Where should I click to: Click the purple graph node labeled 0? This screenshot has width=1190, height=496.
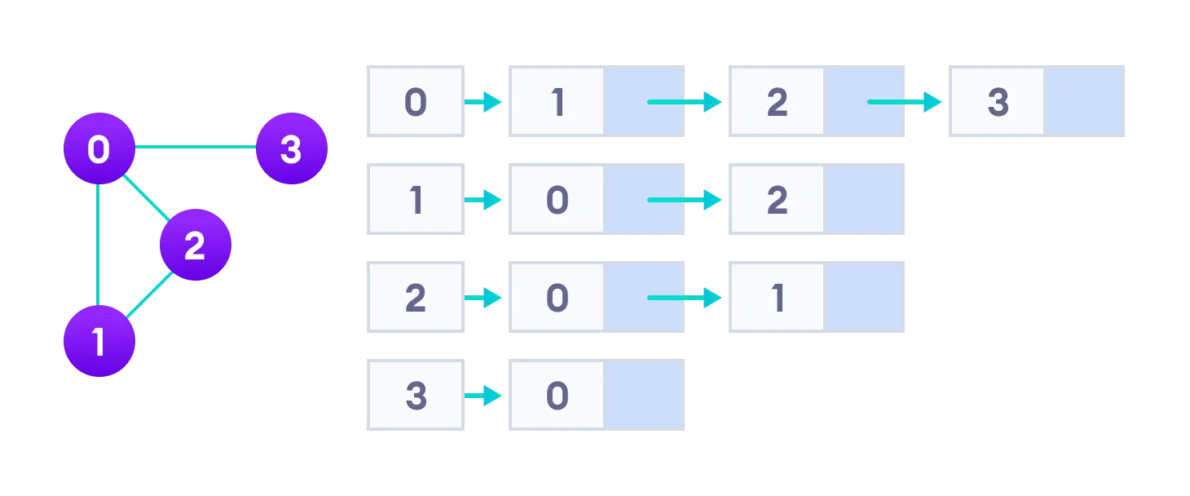click(x=99, y=149)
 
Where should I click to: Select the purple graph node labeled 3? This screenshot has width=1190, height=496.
click(x=291, y=149)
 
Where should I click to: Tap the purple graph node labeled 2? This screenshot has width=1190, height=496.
click(x=195, y=245)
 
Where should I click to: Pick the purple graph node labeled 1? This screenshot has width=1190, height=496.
click(x=99, y=341)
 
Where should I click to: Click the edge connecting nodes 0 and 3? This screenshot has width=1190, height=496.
click(x=195, y=148)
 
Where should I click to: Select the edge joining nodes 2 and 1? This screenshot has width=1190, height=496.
click(x=149, y=294)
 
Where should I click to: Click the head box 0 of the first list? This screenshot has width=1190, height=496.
click(x=416, y=102)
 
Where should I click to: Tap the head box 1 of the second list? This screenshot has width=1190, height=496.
click(x=416, y=200)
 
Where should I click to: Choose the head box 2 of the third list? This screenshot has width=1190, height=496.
click(x=416, y=298)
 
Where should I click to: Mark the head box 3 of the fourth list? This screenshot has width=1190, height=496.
click(x=416, y=396)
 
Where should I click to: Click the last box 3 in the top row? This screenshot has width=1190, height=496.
click(x=998, y=102)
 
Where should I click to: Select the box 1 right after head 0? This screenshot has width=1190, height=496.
click(x=558, y=102)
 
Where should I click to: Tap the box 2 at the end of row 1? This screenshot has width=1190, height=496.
click(x=778, y=200)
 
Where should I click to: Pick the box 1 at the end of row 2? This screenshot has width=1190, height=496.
click(x=778, y=298)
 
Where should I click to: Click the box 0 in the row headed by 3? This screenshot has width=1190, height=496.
click(x=558, y=396)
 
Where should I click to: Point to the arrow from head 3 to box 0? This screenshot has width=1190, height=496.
click(x=483, y=396)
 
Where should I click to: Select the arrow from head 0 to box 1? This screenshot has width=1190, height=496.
click(x=483, y=102)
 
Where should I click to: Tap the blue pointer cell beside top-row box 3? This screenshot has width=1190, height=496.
click(x=1084, y=102)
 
